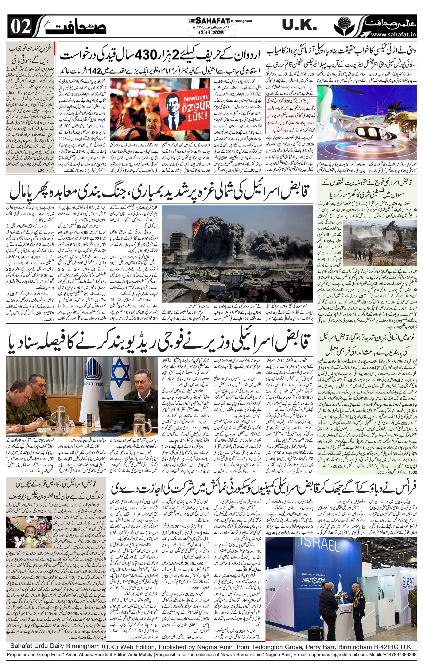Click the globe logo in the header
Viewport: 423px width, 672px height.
(x=345, y=26)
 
